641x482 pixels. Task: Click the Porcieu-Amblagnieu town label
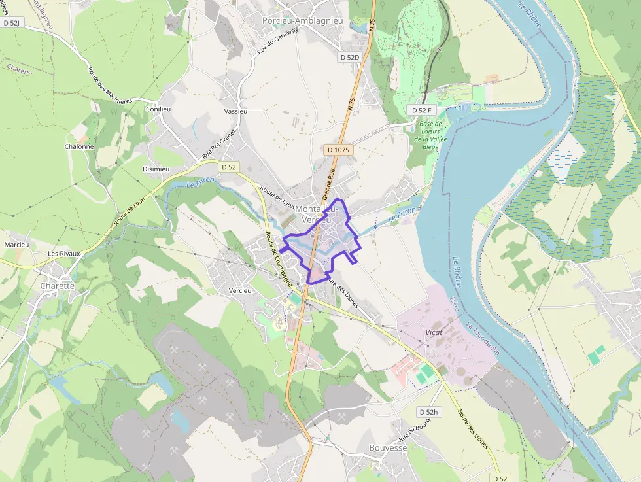coord(302,21)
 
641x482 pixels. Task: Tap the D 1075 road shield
coord(338,150)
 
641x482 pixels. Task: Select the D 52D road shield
coord(350,58)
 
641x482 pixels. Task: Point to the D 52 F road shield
coord(422,110)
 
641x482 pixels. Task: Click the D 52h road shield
coord(428,412)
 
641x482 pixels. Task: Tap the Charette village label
coord(58,286)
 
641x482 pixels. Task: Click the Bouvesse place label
coord(388,448)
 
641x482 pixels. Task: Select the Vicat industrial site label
coord(434,332)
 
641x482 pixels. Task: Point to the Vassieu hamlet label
coord(235,111)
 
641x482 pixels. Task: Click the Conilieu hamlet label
coord(158,109)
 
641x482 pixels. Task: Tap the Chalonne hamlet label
coord(79,146)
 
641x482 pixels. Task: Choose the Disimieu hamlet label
coord(156,169)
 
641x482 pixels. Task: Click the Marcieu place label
coord(16,245)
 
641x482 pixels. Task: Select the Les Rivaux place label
coord(63,253)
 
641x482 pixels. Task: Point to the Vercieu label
coord(241,290)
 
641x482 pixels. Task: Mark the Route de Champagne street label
coord(278,259)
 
